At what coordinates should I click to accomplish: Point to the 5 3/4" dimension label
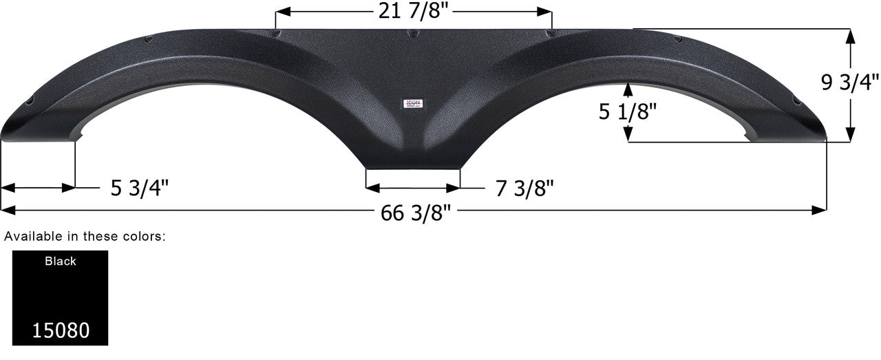140,188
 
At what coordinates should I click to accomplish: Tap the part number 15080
61,330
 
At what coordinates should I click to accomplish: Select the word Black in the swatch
61,262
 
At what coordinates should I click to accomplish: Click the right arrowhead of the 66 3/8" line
821,210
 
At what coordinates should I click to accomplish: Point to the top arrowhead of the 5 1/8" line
628,85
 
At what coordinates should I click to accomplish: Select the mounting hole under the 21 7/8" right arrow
552,34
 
